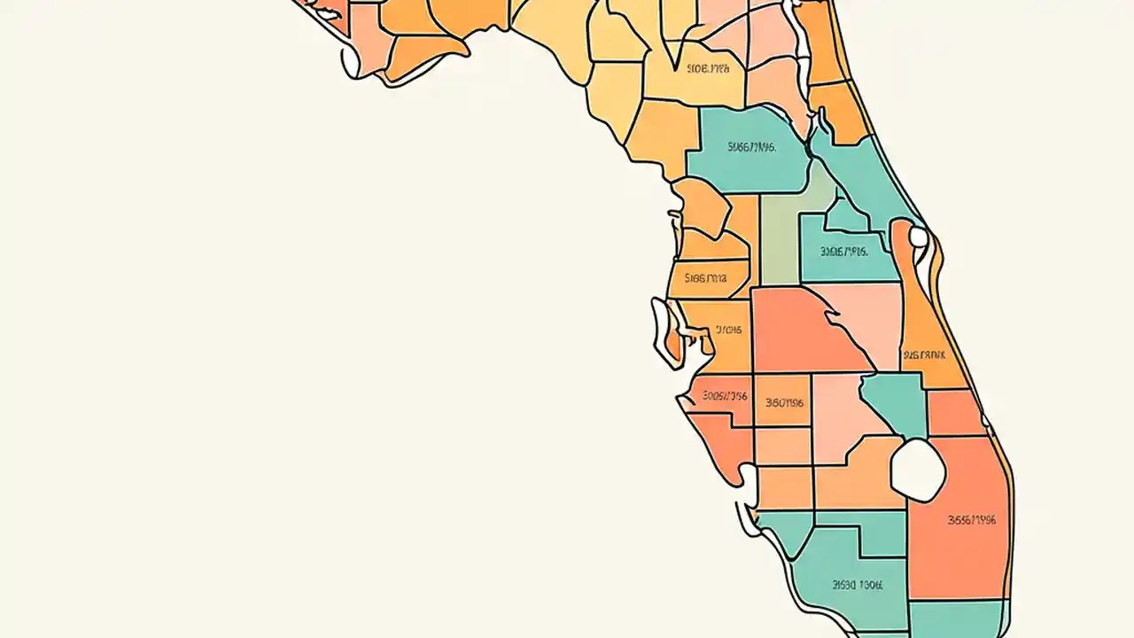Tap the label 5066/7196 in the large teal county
point(751,147)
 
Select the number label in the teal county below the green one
point(843,252)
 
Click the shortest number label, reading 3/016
point(728,330)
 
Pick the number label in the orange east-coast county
point(924,354)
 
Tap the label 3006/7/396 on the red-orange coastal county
point(725,396)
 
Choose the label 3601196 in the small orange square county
point(784,402)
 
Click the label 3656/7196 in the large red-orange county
point(971,520)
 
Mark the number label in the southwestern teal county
point(858,585)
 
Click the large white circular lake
point(918,467)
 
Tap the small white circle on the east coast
point(919,237)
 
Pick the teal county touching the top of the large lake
point(897,403)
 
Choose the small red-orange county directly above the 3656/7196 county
point(955,413)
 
